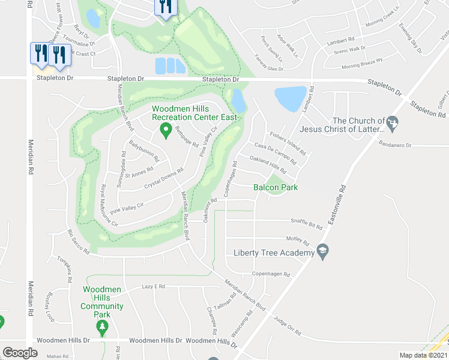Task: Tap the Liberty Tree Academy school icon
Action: click(x=322, y=253)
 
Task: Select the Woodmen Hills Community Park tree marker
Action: click(x=103, y=328)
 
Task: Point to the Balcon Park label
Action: click(x=276, y=187)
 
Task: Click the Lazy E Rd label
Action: click(x=153, y=287)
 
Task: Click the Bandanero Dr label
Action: click(x=395, y=145)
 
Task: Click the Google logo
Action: click(x=20, y=352)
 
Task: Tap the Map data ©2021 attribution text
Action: click(x=423, y=356)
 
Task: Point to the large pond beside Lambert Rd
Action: click(x=291, y=98)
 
